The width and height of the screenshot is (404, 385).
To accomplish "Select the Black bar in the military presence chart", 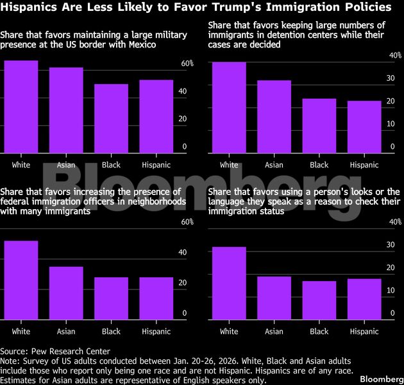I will coord(111,119).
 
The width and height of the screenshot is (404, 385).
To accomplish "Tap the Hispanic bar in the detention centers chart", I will coord(364,127).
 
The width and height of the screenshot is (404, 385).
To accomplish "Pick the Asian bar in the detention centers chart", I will coord(274,117).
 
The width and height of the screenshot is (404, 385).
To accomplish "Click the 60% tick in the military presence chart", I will coord(187,64).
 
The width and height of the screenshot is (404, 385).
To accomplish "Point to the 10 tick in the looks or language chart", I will coord(391,291).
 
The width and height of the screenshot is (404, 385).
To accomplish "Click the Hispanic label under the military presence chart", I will coord(156,165).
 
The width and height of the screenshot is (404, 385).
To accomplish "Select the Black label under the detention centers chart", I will coord(319,165).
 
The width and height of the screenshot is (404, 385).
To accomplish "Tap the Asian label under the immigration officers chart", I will coord(66,332).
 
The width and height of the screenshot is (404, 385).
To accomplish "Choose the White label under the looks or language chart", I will coord(229,332).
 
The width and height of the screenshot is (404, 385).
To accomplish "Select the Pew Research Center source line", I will coord(55,351).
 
